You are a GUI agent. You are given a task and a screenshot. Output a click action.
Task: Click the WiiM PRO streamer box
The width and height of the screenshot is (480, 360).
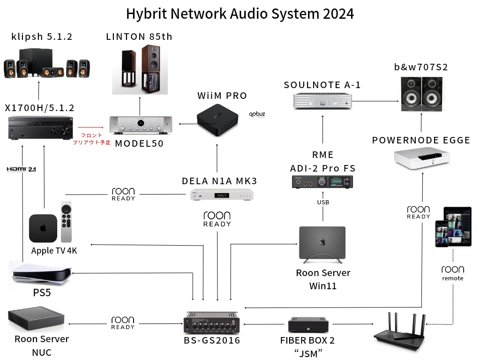pyautogui.click(x=217, y=121)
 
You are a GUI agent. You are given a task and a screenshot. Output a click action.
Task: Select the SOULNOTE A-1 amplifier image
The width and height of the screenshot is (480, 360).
pyautogui.click(x=322, y=101)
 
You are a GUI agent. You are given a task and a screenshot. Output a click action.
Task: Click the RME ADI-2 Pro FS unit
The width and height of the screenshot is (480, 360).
pyautogui.click(x=322, y=182)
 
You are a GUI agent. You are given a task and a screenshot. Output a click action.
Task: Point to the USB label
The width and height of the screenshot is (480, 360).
pyautogui.click(x=323, y=202)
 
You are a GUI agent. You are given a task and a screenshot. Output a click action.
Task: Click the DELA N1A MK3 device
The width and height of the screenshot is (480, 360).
pyautogui.click(x=222, y=195)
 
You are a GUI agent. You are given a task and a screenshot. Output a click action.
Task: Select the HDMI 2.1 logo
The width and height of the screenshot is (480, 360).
pyautogui.click(x=21, y=169)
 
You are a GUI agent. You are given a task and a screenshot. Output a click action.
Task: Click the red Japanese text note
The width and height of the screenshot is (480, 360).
pyautogui.click(x=92, y=139)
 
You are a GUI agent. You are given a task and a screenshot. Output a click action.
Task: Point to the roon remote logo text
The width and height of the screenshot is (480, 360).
pyautogui.click(x=452, y=273)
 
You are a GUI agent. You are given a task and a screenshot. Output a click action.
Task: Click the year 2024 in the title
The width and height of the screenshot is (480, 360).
pyautogui.click(x=338, y=14)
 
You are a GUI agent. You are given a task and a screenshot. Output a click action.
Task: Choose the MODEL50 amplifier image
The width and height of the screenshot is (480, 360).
pyautogui.click(x=140, y=125)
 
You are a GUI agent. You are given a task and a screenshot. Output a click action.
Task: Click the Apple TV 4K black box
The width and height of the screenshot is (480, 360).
pyautogui.click(x=43, y=228)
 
